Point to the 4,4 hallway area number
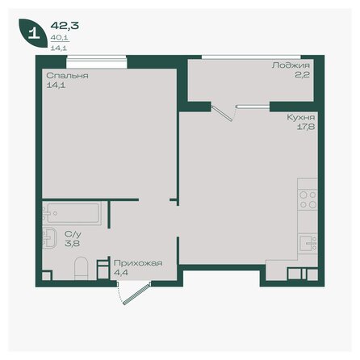[120, 272]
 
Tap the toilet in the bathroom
[79, 266]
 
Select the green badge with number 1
[32, 34]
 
